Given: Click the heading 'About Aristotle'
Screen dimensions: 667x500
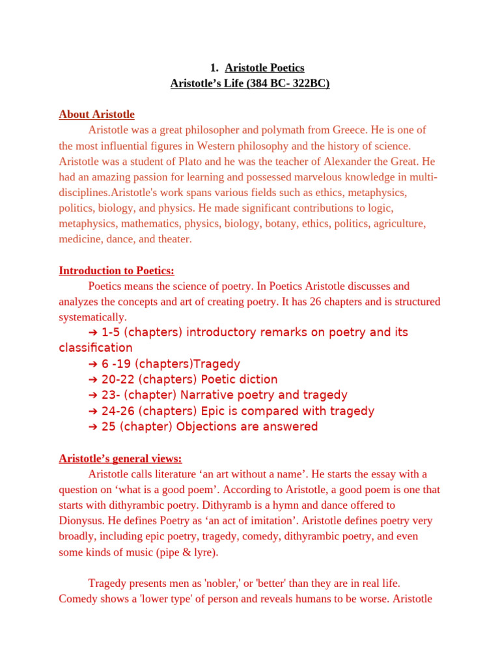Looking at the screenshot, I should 96,115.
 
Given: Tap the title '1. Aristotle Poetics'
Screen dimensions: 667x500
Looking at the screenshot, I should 257,68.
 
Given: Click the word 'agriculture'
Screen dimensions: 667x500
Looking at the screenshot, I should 398,224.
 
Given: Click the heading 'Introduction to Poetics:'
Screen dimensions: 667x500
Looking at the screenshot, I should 117,270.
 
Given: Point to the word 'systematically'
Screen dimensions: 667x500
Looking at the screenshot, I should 91,317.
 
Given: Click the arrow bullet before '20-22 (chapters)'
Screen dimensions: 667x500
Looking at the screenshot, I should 92,380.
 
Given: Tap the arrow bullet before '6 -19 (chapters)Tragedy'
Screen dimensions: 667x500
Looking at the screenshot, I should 92,364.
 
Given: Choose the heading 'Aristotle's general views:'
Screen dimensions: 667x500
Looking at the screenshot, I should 120,459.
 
